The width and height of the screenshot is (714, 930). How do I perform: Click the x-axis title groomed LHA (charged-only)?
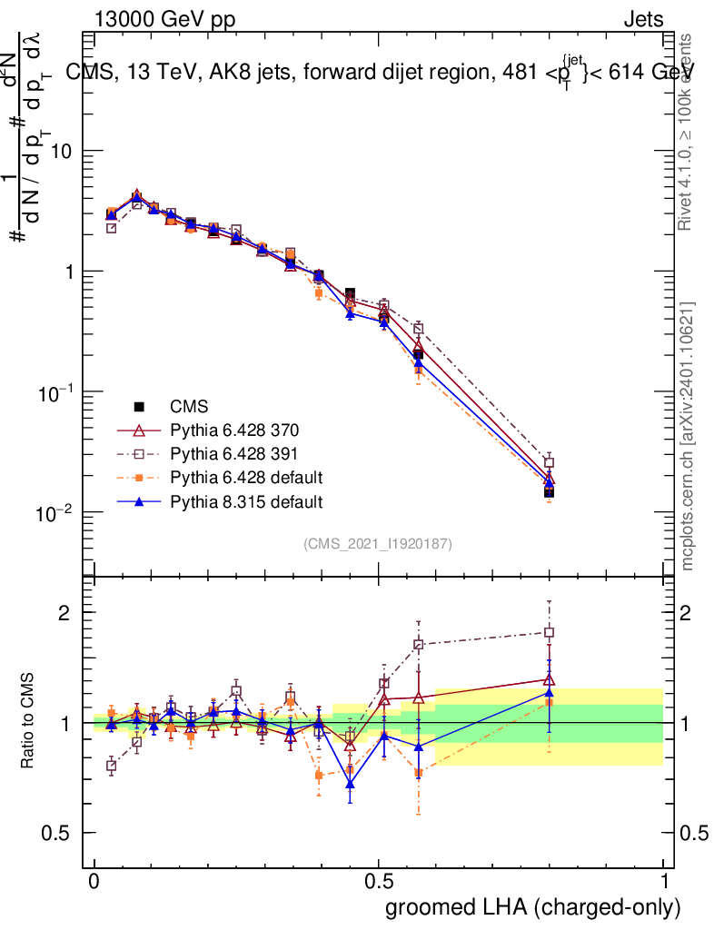click(x=534, y=907)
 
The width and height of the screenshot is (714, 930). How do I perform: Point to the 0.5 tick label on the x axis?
click(x=380, y=882)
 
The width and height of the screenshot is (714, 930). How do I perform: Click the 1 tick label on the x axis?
click(x=664, y=882)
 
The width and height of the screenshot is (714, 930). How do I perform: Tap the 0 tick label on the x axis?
click(x=94, y=882)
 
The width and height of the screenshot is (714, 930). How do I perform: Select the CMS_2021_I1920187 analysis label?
click(x=378, y=544)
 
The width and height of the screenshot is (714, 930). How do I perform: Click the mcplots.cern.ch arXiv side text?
click(x=688, y=436)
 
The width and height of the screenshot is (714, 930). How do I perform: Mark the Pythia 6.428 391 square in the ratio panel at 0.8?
click(x=549, y=632)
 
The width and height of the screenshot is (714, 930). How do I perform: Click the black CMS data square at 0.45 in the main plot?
click(x=351, y=293)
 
